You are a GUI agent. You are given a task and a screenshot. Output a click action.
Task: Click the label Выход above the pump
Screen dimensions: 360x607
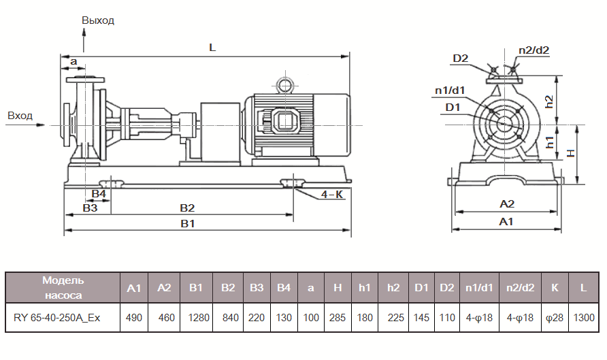[x=98, y=20]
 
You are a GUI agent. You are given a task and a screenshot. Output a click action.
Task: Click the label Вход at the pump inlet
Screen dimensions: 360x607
[x=20, y=116]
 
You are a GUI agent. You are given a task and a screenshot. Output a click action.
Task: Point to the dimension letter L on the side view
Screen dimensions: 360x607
[x=212, y=48]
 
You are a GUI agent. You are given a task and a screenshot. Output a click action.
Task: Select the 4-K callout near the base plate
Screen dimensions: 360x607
[x=332, y=195]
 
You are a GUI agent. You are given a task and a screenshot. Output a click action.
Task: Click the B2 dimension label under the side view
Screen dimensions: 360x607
[x=187, y=207]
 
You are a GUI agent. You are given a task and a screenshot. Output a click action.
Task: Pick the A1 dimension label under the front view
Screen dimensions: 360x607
[x=506, y=222]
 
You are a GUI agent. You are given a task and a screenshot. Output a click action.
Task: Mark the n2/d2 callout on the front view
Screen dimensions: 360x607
[x=534, y=50]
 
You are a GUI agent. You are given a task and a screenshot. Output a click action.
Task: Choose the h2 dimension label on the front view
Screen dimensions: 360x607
[x=568, y=100]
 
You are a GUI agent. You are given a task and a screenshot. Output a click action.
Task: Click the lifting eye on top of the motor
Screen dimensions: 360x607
[x=282, y=84]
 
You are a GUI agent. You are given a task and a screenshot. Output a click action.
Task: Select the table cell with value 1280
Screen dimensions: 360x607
[x=196, y=318]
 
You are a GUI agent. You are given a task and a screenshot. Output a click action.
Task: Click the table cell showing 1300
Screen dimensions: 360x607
[x=583, y=318]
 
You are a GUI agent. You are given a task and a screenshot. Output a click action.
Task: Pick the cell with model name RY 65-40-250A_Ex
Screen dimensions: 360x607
[x=62, y=318]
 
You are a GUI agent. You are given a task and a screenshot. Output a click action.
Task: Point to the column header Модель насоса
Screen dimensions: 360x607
[x=62, y=288]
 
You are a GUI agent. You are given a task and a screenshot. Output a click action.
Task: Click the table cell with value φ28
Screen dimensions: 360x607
[x=555, y=318]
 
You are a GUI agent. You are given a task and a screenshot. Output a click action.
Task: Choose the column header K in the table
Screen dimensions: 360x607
[x=555, y=288]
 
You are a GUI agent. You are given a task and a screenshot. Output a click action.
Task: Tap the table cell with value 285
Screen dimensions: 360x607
[x=338, y=318]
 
